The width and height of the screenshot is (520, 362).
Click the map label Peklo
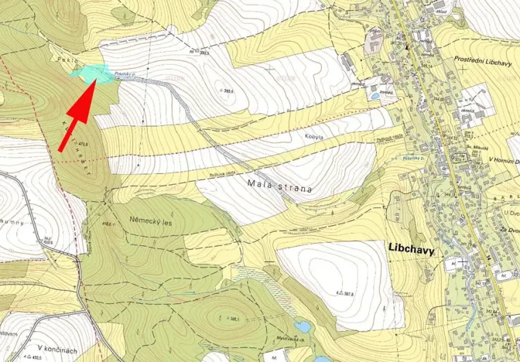pyautogui.click(x=64, y=59)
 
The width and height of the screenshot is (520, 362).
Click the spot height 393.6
pyautogui.click(x=227, y=90)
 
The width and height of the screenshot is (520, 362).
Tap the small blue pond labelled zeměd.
pyautogui.click(x=375, y=96)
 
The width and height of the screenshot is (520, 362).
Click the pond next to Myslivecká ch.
pyautogui.click(x=303, y=327)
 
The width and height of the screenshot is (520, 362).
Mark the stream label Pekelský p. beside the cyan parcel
pyautogui.click(x=125, y=75)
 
